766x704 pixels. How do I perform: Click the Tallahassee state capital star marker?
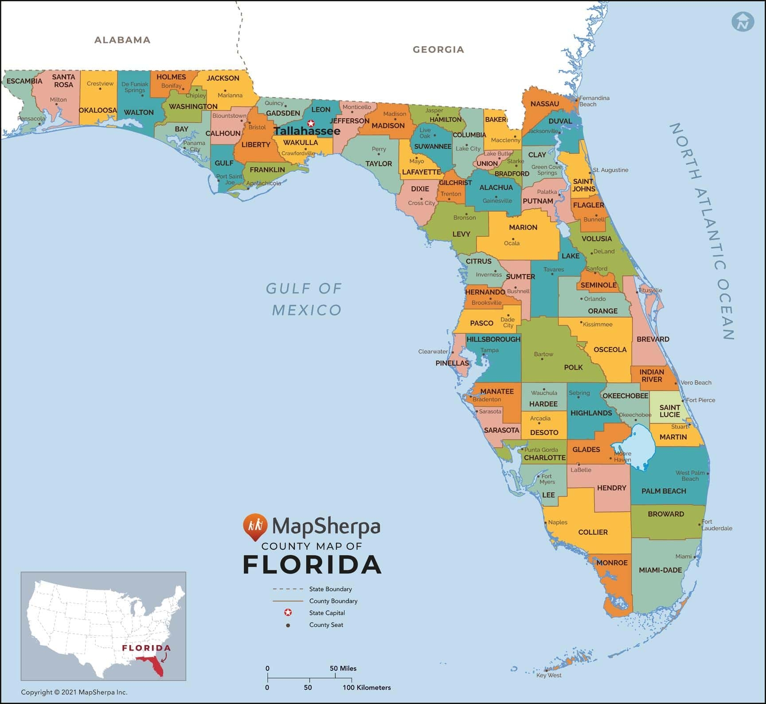point(311,123)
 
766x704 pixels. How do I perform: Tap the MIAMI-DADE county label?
point(660,570)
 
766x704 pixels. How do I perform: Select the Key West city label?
point(549,675)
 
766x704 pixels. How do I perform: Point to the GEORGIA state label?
point(438,50)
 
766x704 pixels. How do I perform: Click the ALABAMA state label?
point(122,40)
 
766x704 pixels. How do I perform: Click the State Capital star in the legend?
point(288,613)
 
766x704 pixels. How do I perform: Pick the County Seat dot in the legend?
point(288,625)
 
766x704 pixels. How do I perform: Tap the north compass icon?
point(743,21)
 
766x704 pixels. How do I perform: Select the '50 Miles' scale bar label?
point(343,669)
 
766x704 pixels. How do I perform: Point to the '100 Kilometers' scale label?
point(367,688)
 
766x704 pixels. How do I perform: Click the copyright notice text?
point(74,692)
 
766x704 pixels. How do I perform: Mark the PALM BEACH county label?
point(664,491)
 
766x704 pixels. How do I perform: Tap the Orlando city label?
point(594,299)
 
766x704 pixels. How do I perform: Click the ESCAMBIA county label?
point(24,81)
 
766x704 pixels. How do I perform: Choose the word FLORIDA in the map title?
point(312,565)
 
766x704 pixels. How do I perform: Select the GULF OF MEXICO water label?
point(305,299)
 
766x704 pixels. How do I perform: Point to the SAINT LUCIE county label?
point(669,411)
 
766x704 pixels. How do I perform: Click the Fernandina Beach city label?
point(594,101)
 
